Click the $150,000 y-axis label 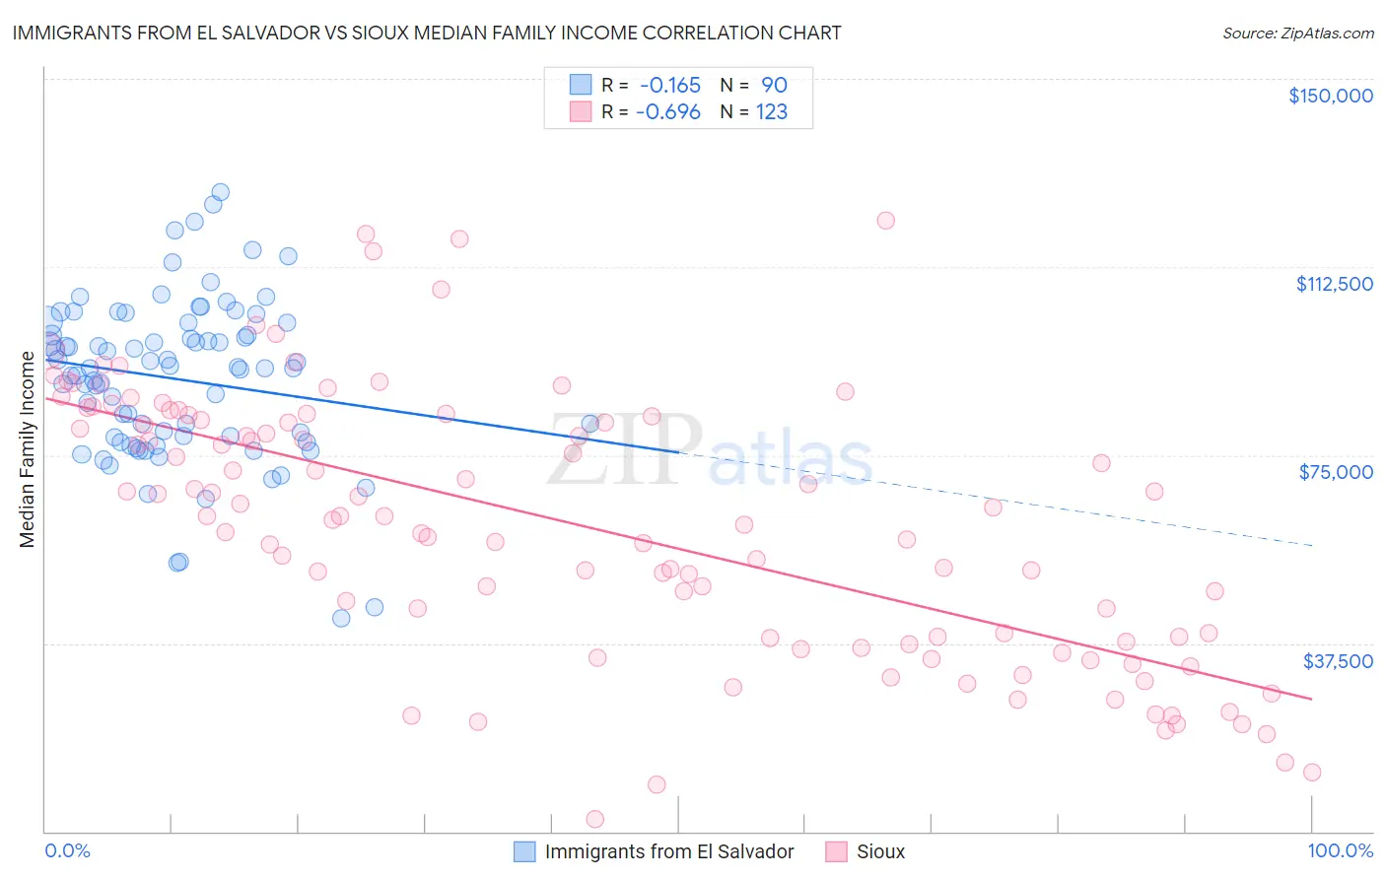click(1330, 96)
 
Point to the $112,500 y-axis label click(1334, 284)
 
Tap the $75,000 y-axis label click(1336, 472)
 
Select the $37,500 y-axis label click(1338, 661)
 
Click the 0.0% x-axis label click(67, 851)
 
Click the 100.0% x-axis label click(1340, 851)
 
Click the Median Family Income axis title click(28, 449)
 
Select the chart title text click(427, 33)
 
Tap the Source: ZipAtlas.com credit click(1297, 34)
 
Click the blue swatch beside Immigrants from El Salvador click(525, 851)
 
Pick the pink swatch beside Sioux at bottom click(837, 851)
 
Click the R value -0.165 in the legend click(670, 86)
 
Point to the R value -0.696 click(668, 112)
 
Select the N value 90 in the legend click(774, 86)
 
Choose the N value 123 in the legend click(772, 112)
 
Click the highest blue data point click(221, 192)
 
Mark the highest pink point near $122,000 click(885, 221)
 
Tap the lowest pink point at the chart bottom click(594, 819)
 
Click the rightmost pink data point click(1312, 773)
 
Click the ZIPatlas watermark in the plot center click(710, 452)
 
